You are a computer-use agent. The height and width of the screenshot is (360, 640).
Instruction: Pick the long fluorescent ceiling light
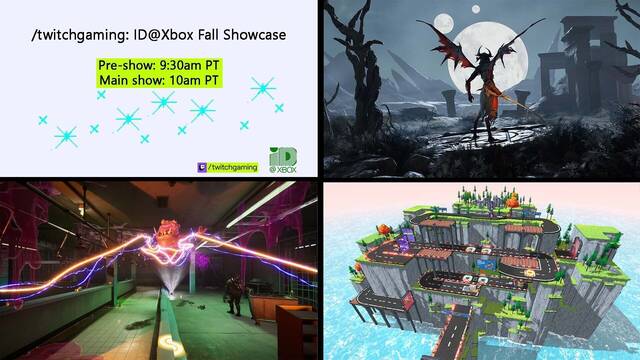click(x=262, y=203)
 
